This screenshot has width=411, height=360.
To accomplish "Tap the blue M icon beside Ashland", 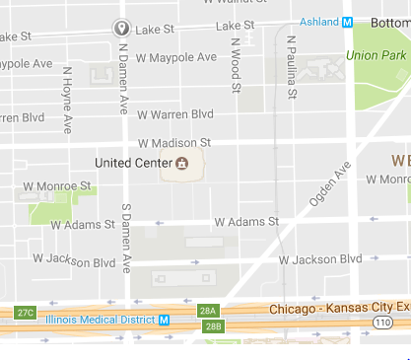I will click(347, 21).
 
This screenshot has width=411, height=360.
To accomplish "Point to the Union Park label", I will click(377, 55).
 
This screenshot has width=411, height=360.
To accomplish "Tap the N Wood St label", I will click(236, 65).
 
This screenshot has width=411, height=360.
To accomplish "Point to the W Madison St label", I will click(175, 143).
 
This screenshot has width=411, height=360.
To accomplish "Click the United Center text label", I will click(132, 163).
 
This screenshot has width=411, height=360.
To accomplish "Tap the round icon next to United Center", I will click(181, 164).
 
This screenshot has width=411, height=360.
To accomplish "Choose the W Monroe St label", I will click(57, 185).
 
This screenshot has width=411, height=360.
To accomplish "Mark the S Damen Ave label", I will click(126, 237).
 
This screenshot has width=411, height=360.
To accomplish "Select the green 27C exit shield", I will click(26, 313).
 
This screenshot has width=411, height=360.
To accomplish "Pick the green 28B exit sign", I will click(213, 325).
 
